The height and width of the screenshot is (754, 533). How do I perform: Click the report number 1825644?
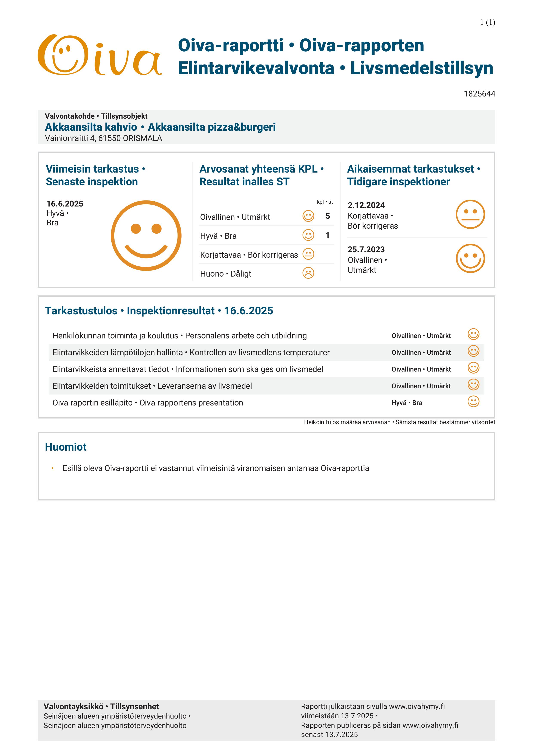pos(479,94)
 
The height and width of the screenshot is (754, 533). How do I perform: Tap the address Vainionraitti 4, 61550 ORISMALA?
pos(103,138)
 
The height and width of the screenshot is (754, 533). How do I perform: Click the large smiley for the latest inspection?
pos(146,236)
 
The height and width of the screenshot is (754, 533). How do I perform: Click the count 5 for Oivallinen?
pos(327,216)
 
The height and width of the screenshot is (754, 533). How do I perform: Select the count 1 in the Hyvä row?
pos(327,235)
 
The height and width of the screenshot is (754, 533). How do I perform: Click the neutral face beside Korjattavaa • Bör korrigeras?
pos(308,254)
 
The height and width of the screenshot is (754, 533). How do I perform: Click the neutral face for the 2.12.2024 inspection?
pos(470,214)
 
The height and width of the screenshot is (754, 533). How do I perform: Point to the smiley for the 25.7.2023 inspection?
pos(470,258)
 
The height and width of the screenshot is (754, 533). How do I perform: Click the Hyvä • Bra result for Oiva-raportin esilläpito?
pos(407,403)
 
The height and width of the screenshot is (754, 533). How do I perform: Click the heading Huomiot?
pos(66,447)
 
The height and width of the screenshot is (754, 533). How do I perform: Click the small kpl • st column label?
pos(325,202)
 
